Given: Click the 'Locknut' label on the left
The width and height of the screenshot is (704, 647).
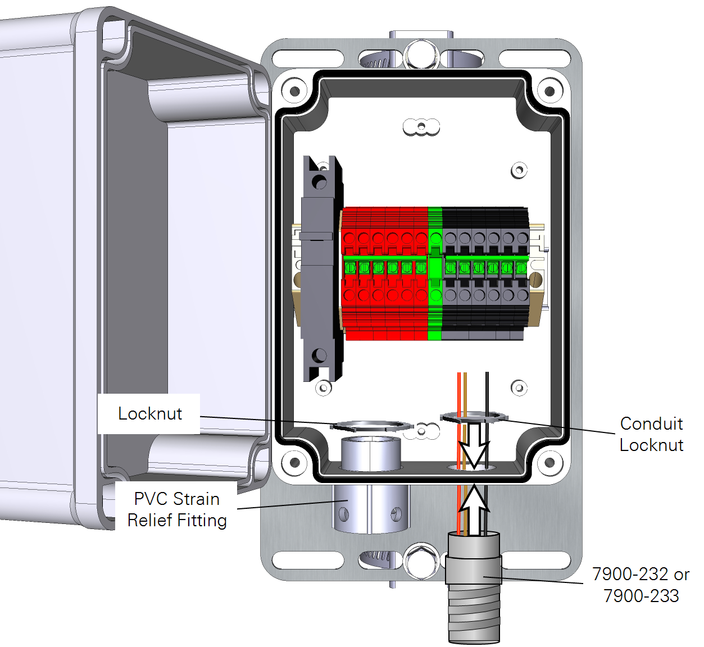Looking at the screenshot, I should [x=149, y=414].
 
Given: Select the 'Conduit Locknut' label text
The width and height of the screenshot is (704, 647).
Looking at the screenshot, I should [x=651, y=434].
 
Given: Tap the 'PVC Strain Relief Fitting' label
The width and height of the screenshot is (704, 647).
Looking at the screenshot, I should [x=177, y=509].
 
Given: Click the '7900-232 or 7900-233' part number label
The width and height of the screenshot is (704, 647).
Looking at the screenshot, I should [x=641, y=585].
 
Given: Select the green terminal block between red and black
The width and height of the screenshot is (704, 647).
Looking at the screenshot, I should [x=435, y=273].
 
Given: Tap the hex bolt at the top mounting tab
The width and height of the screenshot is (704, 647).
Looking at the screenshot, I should [x=421, y=54].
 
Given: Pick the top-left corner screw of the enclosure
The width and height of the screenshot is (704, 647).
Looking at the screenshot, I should [x=294, y=90].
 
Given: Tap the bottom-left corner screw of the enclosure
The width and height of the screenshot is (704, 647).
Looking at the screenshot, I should [x=294, y=463].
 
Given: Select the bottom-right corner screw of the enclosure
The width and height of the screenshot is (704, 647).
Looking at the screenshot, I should [x=549, y=463].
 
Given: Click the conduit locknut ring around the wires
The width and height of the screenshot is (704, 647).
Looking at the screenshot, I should [x=473, y=417].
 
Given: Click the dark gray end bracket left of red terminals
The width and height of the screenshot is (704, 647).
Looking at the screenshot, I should [x=319, y=270].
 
